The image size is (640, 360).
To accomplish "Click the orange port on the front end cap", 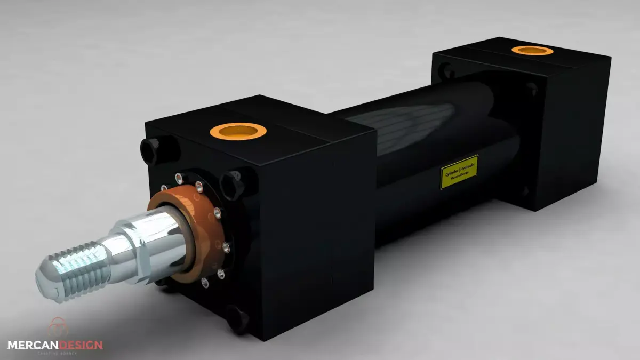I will tap(238, 130).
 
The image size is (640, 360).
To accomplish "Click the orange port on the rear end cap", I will tap(532, 51).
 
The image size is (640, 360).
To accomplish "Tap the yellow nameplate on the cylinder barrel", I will tap(459, 172).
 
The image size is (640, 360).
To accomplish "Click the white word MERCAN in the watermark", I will tap(31, 345).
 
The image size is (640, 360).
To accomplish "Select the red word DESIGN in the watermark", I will tap(79, 345).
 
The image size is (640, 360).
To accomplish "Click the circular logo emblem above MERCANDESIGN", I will tap(57, 327).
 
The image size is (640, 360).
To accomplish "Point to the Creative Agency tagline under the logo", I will tap(56, 353).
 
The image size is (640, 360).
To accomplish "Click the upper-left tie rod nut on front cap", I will tap(150, 149).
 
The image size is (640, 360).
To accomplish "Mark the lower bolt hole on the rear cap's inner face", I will tap(525, 190).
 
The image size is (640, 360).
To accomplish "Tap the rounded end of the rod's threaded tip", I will tap(45, 283).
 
